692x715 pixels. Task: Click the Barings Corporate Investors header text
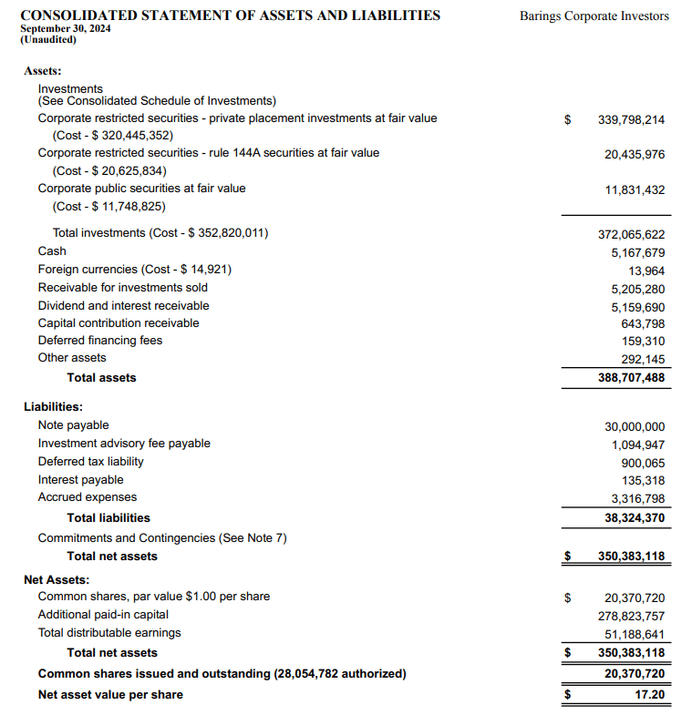coord(594,16)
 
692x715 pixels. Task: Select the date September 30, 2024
coord(65,28)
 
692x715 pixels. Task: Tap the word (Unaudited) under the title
coord(48,40)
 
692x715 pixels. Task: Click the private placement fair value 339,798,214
coord(631,119)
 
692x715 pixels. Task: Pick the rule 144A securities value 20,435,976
coord(635,155)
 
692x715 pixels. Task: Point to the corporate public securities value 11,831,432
coord(635,190)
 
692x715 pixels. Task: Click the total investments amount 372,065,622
coord(631,234)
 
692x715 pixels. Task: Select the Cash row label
coord(52,250)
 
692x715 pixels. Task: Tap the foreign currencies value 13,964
coord(646,271)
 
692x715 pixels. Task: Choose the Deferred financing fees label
coord(100,340)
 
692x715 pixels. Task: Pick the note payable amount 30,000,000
coord(635,426)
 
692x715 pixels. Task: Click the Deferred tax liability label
coord(91,461)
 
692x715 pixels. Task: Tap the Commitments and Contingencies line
coord(162,537)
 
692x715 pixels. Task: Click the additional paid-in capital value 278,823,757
coord(631,616)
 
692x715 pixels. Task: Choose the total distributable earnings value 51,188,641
coord(635,634)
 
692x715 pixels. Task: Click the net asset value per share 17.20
coord(650,694)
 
